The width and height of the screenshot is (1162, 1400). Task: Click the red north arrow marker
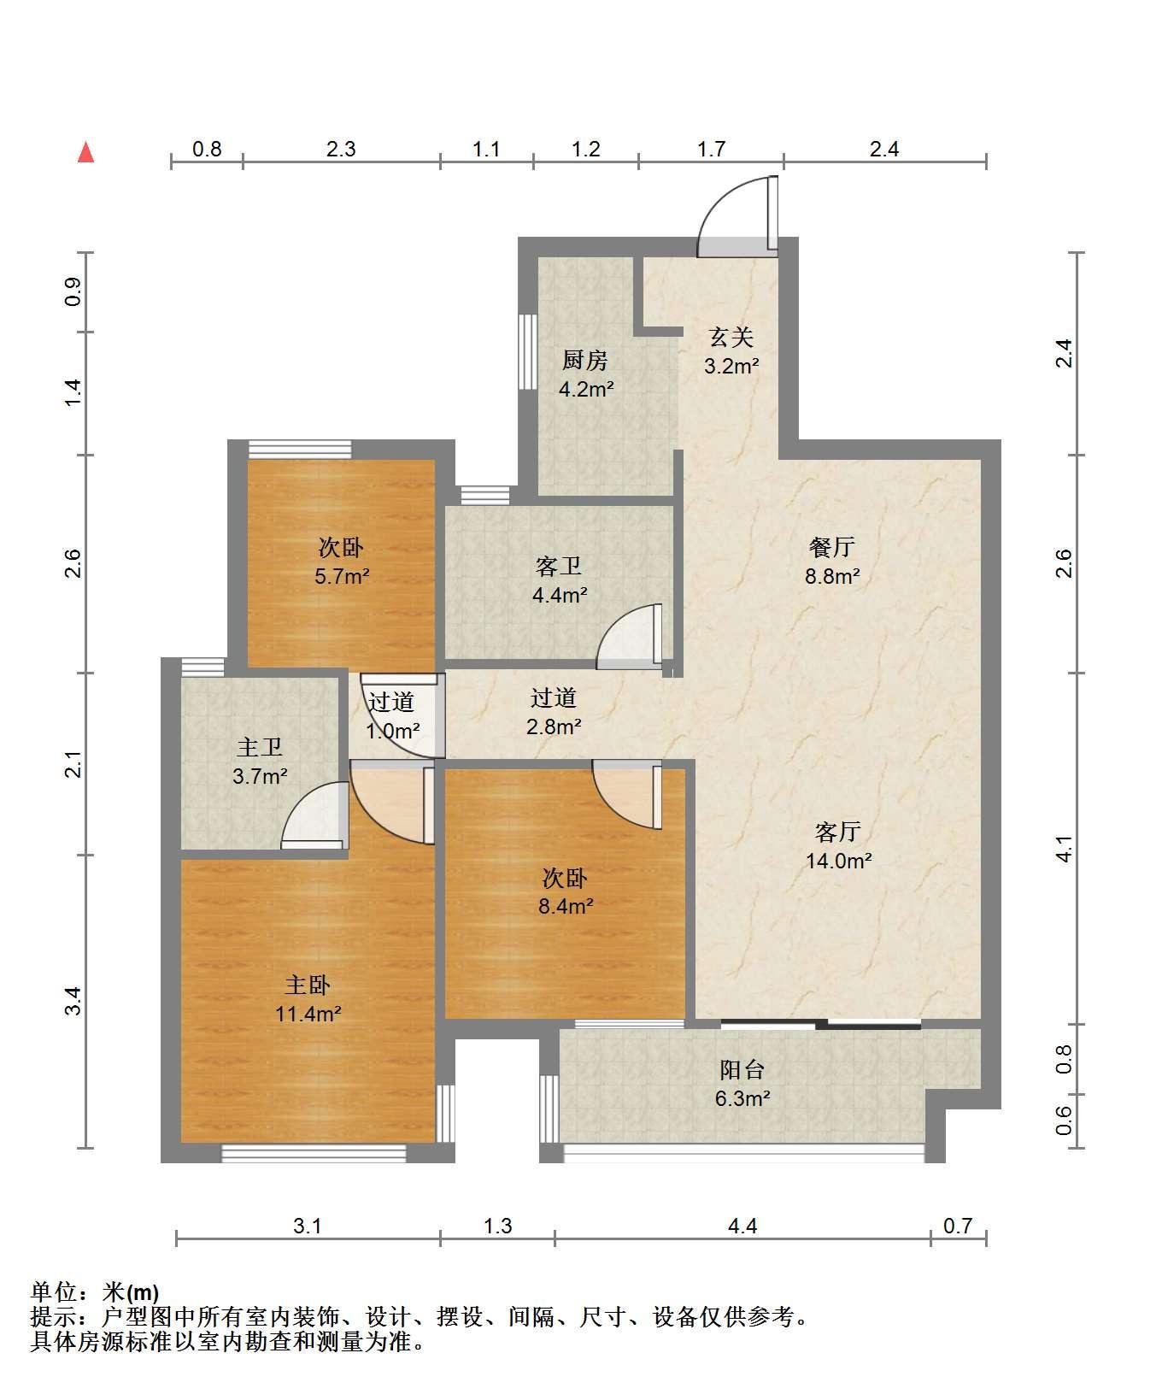(85, 152)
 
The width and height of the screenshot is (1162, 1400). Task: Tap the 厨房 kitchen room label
(584, 361)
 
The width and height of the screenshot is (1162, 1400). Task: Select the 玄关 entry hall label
(731, 337)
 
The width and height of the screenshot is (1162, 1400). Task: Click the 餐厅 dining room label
(832, 546)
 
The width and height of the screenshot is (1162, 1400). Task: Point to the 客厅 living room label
(837, 831)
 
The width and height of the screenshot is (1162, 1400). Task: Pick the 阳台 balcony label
(742, 1069)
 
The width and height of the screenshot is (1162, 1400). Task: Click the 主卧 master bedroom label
(308, 985)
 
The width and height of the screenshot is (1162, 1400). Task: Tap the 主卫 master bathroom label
(260, 747)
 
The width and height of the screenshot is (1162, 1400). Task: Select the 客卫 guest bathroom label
(559, 566)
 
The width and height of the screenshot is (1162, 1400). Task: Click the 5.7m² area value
(342, 576)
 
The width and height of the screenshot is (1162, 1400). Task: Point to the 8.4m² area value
(566, 906)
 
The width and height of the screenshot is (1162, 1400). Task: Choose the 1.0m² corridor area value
(392, 731)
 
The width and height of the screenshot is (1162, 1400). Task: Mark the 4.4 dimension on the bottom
(742, 1226)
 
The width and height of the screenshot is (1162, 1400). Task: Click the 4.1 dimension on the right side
(1063, 849)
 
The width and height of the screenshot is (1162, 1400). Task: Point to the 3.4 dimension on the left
(74, 1001)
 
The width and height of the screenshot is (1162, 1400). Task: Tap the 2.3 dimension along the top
(341, 149)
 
